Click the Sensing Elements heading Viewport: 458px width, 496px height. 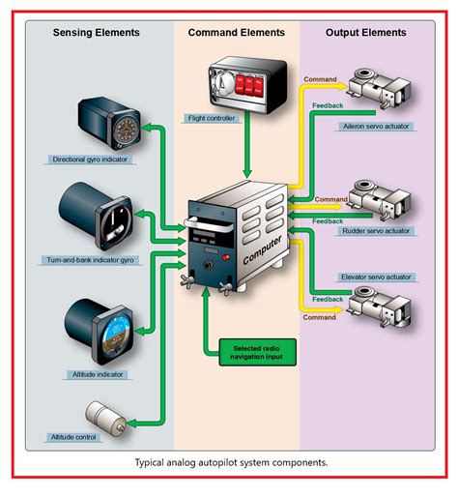point(96,32)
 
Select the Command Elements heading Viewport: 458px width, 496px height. point(236,32)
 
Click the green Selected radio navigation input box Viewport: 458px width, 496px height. point(257,351)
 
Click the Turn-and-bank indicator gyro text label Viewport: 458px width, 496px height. point(88,260)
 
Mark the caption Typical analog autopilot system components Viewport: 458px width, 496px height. point(231,462)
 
